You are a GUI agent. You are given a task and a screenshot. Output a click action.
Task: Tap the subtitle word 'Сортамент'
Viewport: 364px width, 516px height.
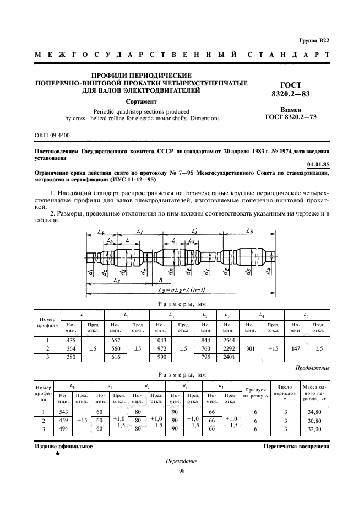point(142,101)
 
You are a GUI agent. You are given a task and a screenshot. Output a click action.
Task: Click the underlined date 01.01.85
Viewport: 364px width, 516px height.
point(318,164)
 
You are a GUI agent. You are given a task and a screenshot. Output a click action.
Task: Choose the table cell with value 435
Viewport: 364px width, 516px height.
point(70,341)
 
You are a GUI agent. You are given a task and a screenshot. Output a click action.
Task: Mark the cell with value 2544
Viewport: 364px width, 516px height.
point(227,341)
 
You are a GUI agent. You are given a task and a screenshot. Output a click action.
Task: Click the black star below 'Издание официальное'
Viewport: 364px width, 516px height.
point(57,455)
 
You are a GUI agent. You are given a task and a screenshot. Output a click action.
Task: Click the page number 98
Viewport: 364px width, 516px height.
point(182,470)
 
